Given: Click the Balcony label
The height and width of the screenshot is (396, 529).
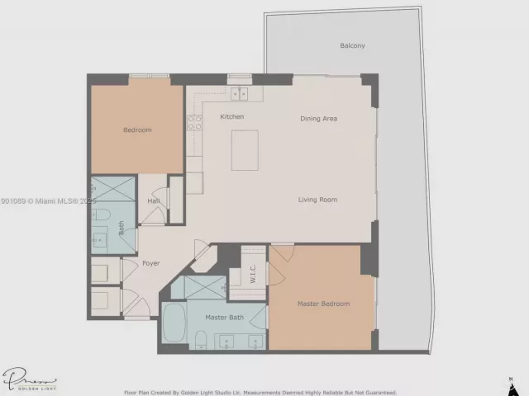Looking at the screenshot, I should (352, 45).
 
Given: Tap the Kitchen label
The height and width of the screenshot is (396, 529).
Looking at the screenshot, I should (231, 117).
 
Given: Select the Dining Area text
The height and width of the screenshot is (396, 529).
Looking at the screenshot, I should (318, 119).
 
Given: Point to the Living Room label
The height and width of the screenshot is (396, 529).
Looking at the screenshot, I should (317, 200).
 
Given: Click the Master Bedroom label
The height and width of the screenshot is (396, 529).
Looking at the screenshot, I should (323, 304).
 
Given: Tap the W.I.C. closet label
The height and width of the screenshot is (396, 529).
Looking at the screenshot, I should (254, 272).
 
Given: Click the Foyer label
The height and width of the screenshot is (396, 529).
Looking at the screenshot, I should (150, 263).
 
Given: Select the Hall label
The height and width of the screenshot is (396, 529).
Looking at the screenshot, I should (154, 200).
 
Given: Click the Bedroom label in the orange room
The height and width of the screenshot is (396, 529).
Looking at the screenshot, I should (137, 130).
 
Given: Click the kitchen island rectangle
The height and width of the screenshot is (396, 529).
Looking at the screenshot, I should (245, 149).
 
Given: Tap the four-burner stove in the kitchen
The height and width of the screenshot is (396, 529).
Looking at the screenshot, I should (196, 123).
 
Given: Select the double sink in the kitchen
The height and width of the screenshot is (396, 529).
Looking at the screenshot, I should (240, 92).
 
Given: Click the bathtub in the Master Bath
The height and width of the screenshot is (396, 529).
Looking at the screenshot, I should (174, 323).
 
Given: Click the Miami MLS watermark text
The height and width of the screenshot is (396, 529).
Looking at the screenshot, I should (50, 200).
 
